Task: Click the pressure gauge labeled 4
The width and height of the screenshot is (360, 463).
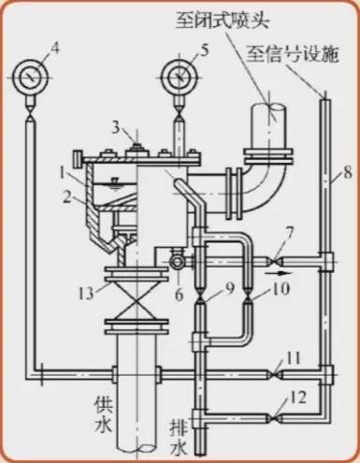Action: coord(31,77)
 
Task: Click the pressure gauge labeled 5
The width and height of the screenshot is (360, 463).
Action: coord(180,77)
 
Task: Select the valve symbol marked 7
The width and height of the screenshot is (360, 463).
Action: coord(274,260)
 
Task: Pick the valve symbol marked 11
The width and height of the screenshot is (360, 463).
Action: coord(274,373)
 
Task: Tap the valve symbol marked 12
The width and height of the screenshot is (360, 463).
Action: coord(274,417)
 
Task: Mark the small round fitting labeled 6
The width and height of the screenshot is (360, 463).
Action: coord(177,263)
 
